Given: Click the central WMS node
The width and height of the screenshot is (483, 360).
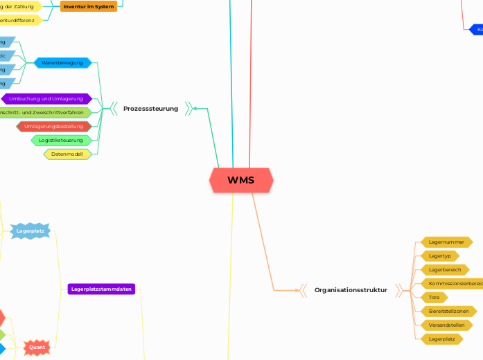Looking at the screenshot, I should coord(240,181).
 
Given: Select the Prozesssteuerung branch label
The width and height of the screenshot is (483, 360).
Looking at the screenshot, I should coord(150,109).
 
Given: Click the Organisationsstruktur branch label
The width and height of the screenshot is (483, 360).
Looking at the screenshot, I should coord(351,290).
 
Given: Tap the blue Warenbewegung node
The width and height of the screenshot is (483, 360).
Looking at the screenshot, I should coord(62,63).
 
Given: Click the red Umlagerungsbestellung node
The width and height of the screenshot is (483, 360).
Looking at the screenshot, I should coord(53,127).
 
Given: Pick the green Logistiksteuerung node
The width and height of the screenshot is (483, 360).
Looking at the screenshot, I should coord(61,141).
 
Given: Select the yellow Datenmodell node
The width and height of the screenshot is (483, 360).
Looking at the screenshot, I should coord(67,154).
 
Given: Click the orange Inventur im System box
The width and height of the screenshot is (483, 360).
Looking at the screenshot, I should coord(89,6).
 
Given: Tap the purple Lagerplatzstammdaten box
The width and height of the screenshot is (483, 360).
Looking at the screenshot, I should coord(102,289).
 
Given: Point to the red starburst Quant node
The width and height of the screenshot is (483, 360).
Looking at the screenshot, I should coord(37,347).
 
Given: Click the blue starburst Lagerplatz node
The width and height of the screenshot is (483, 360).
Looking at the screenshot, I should coord(30,231).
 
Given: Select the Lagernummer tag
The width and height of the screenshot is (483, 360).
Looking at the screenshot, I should coord(446,242).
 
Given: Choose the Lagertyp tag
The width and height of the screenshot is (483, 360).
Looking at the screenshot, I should coord(440,256).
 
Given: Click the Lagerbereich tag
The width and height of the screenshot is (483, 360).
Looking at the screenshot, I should coord(444,269).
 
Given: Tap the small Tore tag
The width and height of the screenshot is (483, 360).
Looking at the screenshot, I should coord(434,297).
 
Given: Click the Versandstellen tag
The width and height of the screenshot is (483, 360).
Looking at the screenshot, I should coord(446,325).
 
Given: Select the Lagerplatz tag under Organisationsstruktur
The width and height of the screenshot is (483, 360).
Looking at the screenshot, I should coord(441,339).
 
